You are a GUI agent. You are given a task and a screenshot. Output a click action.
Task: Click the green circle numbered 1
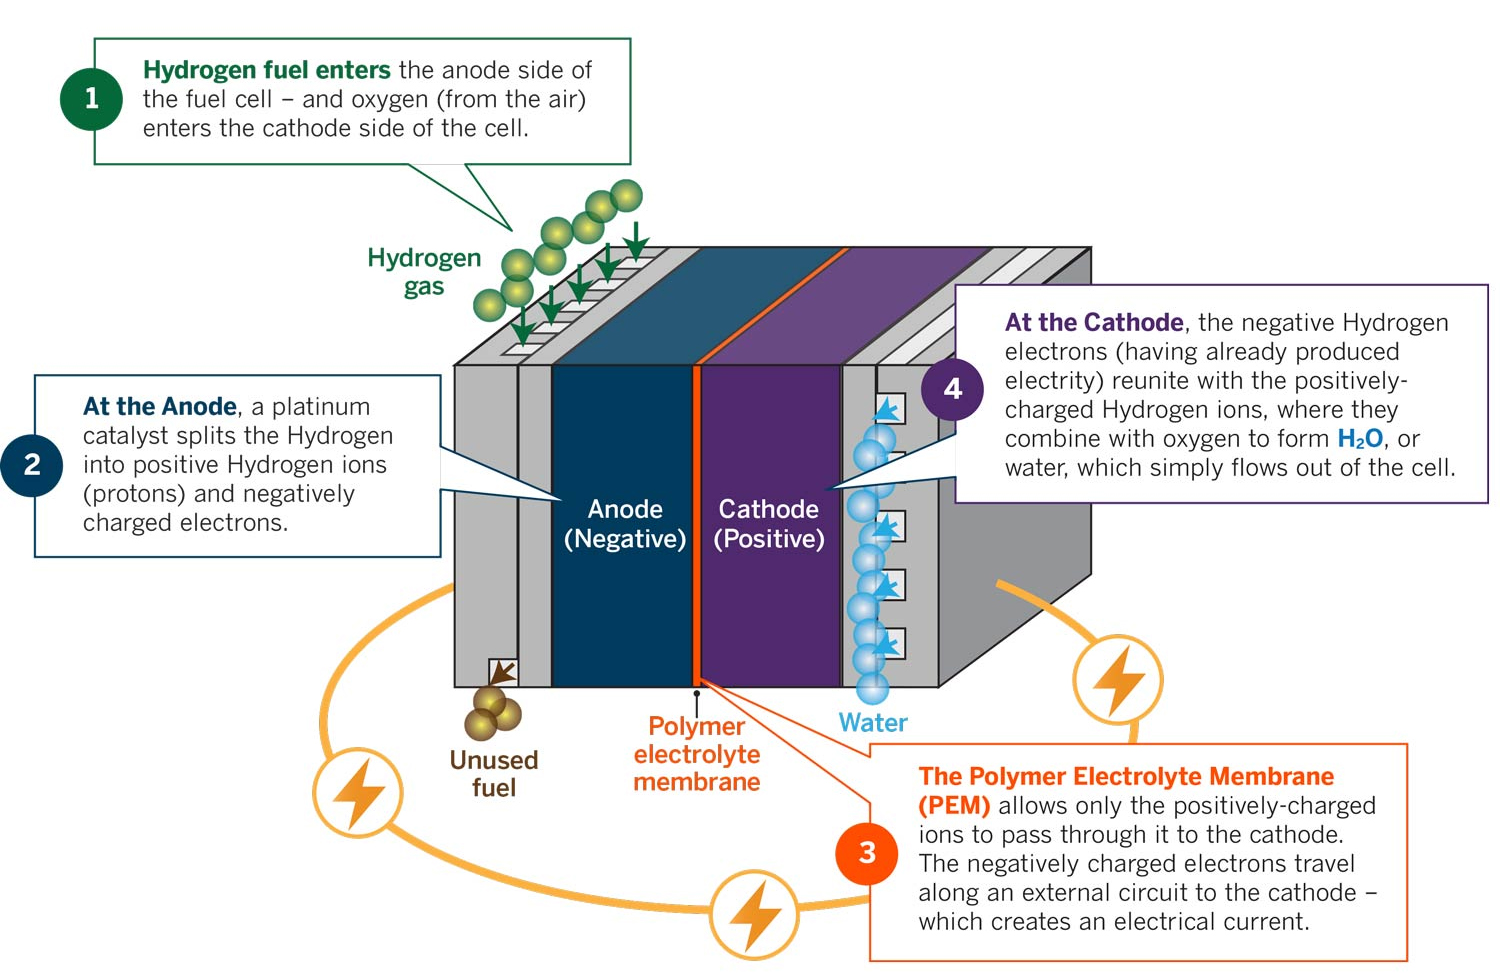[x=91, y=98]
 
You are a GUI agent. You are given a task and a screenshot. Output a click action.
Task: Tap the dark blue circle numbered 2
[x=32, y=464]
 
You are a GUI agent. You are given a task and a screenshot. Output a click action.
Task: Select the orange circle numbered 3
[x=867, y=853]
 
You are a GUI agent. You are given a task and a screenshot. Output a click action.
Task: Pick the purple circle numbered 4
[x=952, y=388]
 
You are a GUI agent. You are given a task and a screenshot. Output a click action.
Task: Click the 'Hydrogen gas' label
[x=424, y=272]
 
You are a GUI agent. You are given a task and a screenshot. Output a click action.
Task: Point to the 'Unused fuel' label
[x=494, y=774]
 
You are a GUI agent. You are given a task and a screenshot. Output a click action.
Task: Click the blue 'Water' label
[x=872, y=723]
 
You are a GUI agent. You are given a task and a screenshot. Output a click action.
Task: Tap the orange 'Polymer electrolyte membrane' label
[x=697, y=755]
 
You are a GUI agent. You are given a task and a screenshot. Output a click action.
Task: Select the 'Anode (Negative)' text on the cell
[x=625, y=524]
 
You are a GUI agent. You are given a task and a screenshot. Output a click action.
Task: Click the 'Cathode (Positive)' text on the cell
[x=768, y=524]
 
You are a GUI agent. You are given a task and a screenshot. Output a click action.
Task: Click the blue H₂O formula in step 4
[x=1359, y=439]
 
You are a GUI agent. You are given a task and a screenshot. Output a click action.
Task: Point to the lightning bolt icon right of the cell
[x=1117, y=680]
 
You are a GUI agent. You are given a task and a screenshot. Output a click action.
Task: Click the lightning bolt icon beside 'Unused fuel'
[x=358, y=792]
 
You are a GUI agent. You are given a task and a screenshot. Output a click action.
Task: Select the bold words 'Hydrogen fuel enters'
[x=266, y=70]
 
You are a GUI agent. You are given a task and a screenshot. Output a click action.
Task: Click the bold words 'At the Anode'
[x=160, y=407]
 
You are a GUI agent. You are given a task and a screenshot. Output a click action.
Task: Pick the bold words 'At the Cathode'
[x=1094, y=323]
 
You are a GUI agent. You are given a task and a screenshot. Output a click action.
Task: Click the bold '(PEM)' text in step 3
[x=954, y=806]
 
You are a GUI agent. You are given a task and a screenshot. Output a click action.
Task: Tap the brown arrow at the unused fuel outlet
[x=503, y=672]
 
